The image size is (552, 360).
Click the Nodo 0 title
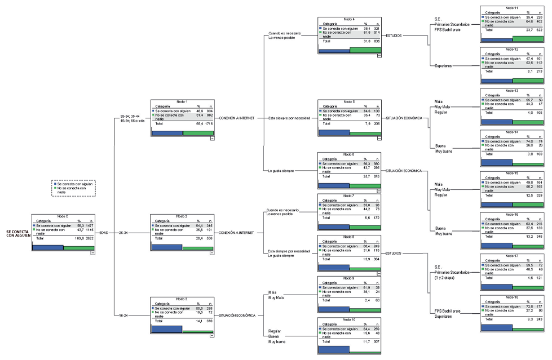pos(63,216)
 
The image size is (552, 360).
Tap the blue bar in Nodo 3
pos(167,329)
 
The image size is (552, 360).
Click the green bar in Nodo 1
pos(198,133)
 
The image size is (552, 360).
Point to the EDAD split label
pos(104,233)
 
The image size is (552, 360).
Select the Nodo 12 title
pos(511,50)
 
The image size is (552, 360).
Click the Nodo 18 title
pos(511,296)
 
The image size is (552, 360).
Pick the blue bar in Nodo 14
pos(496,162)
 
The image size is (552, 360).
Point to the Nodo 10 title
pos(348,320)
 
